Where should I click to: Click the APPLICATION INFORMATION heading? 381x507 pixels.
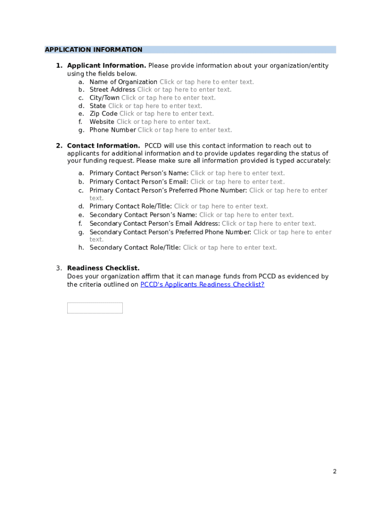pos(94,50)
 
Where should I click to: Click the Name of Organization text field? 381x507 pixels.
pos(206,82)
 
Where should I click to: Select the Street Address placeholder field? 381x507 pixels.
pos(184,90)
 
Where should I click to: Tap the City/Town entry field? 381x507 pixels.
pos(168,98)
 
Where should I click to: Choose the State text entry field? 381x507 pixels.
pos(155,106)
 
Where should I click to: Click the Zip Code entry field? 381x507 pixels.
pos(166,114)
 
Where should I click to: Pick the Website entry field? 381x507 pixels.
pos(163,122)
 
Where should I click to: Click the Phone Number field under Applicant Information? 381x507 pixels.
pos(185,130)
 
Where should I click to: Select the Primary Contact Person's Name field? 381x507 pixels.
pos(238,173)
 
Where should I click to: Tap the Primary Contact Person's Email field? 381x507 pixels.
pos(238,182)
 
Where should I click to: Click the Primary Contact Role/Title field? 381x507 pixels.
pos(221,206)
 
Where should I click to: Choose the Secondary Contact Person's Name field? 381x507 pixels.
pos(246,215)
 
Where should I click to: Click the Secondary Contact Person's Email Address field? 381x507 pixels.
pos(269,224)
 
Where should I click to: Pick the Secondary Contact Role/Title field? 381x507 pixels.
pos(230,248)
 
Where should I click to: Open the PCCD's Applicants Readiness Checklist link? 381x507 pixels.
pos(202,285)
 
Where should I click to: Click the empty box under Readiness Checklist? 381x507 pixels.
pos(95,308)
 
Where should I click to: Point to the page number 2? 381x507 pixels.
pos(334,471)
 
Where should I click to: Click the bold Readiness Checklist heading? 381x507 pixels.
pos(103,268)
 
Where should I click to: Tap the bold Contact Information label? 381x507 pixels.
pos(103,146)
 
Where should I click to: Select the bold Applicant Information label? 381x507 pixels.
pos(106,66)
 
